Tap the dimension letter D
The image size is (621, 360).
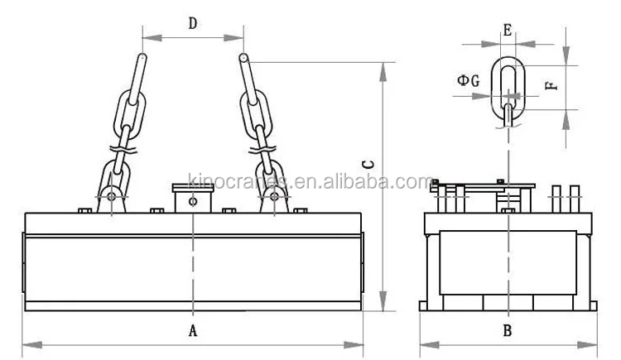coord(192,24)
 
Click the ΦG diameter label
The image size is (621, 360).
coord(468,80)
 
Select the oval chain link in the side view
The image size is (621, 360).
coord(508,85)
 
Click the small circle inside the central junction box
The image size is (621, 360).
coord(192,201)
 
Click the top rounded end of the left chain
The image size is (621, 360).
coord(142,59)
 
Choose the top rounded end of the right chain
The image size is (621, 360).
coord(244,59)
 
